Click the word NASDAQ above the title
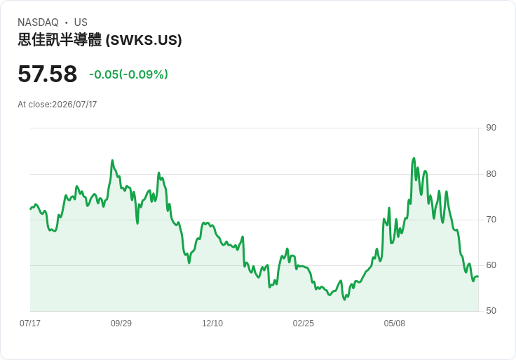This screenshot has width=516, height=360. click(38, 22)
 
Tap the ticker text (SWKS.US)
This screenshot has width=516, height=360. click(144, 40)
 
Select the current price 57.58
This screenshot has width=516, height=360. click(48, 74)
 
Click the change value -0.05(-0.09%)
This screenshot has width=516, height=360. click(129, 74)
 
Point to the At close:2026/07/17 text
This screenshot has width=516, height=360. click(57, 105)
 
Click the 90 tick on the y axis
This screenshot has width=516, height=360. click(491, 128)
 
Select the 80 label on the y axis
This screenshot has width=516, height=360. click(491, 174)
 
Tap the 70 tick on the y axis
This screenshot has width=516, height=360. click(491, 220)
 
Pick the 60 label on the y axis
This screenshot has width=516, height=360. click(491, 265)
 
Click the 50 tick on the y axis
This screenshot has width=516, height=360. click(491, 311)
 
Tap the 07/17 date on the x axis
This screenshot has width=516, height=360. click(30, 324)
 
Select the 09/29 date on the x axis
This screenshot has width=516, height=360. click(121, 324)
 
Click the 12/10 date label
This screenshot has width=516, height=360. click(212, 324)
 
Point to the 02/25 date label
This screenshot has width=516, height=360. click(304, 324)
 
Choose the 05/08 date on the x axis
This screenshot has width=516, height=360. click(395, 324)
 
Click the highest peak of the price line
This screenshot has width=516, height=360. click(414, 159)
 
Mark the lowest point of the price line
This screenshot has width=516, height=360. click(344, 300)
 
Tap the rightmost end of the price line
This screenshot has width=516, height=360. click(478, 276)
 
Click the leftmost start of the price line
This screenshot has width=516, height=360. click(30, 209)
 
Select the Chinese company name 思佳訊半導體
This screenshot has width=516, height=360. click(60, 40)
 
